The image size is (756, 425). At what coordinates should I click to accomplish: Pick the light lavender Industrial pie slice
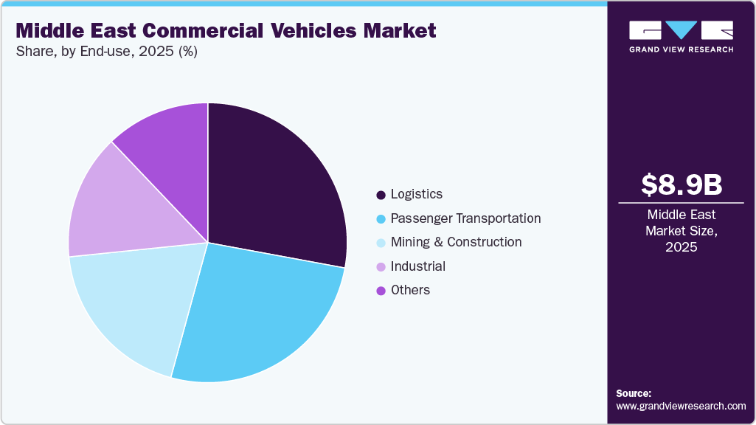click(111, 207)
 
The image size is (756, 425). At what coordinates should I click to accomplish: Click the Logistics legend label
click(416, 194)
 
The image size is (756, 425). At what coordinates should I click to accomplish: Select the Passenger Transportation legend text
click(465, 218)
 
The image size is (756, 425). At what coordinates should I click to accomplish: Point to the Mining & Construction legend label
click(456, 242)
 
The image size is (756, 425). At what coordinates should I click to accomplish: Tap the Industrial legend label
click(417, 266)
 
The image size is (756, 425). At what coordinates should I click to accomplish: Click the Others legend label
click(410, 290)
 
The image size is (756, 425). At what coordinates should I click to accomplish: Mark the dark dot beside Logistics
click(381, 195)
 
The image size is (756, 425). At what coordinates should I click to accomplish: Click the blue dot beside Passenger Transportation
click(381, 219)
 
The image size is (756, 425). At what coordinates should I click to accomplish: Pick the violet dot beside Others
click(381, 291)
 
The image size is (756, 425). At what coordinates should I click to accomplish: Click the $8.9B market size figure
click(681, 184)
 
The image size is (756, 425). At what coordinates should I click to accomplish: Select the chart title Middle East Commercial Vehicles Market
click(226, 30)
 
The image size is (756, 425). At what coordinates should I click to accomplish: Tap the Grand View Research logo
click(681, 35)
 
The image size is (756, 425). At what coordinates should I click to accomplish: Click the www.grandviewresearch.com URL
click(681, 406)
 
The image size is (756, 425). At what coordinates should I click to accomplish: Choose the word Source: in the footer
click(634, 393)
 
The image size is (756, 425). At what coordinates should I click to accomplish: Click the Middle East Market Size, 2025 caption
click(681, 231)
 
